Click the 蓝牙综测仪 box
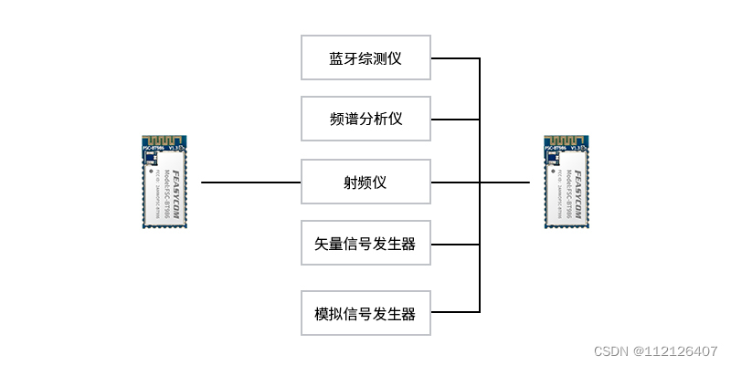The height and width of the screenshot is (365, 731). coord(365,58)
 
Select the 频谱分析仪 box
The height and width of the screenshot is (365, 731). coord(365,119)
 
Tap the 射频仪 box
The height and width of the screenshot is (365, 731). coord(365,182)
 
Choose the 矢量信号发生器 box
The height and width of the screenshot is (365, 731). coord(365,244)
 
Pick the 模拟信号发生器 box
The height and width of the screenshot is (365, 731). coord(365,314)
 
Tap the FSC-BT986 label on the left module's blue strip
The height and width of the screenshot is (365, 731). coord(154,146)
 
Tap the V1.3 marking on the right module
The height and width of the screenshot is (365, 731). coord(577,146)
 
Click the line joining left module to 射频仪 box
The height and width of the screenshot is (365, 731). coord(250,182)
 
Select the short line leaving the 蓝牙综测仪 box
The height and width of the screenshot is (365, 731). coord(454,58)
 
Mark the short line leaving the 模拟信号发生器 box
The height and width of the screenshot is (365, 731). coord(454,314)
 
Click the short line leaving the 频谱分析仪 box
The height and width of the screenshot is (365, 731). coord(454,119)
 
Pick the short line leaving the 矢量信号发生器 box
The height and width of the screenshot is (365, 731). coord(454,244)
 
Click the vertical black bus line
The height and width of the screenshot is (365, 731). coord(480,214)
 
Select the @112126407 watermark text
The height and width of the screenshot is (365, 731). coord(675,351)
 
